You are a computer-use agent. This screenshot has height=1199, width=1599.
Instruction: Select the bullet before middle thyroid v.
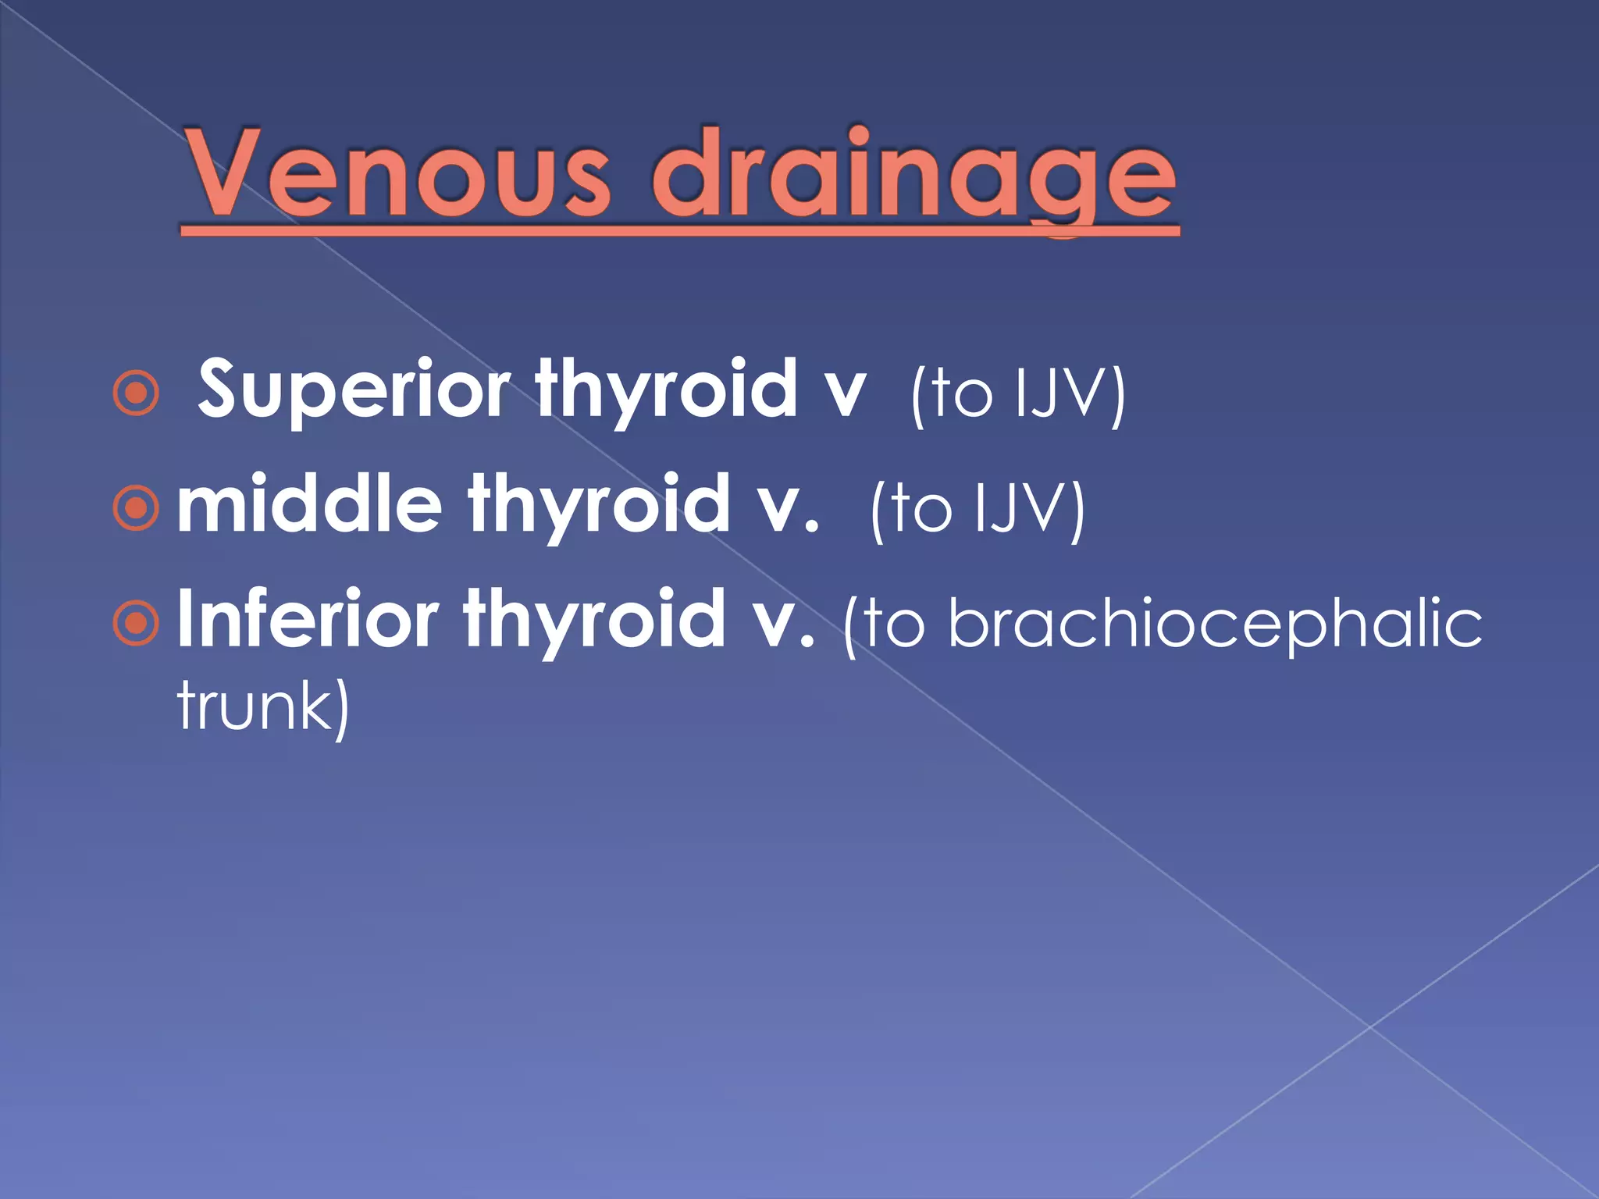tap(137, 507)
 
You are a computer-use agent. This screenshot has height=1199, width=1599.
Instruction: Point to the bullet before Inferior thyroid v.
tap(137, 623)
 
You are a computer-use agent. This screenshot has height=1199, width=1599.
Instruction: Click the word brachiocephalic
tap(1215, 624)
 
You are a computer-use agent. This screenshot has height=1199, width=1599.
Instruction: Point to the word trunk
tap(254, 706)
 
